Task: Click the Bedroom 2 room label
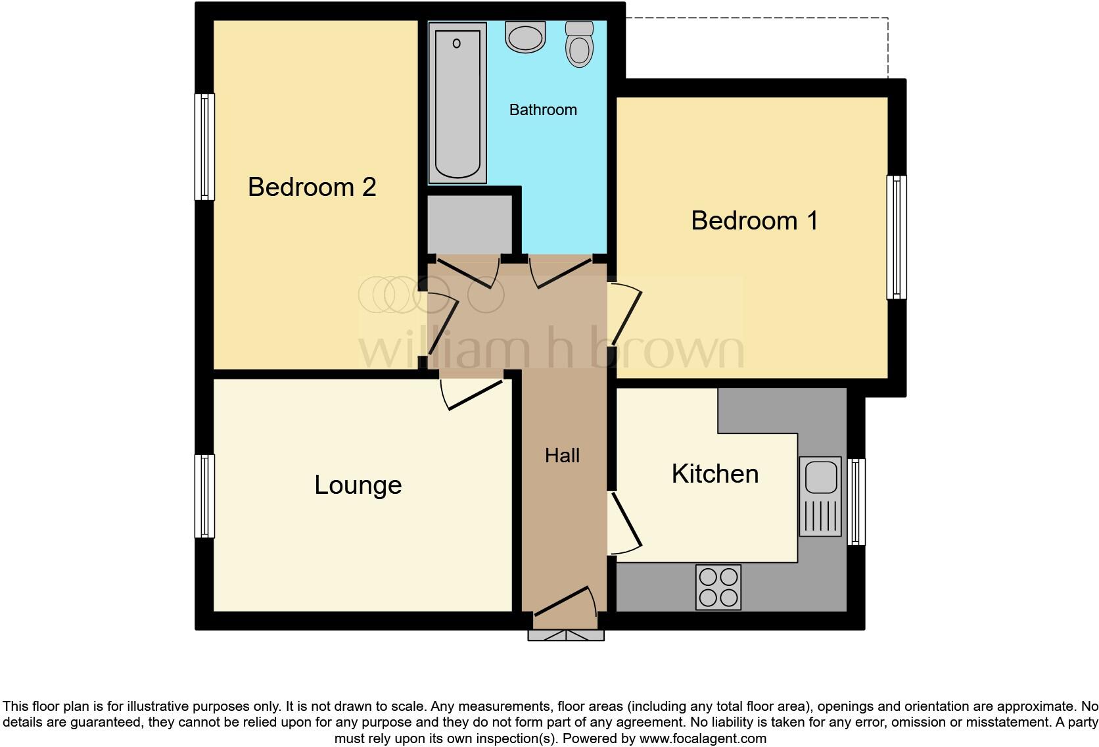(312, 187)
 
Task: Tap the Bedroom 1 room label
(754, 221)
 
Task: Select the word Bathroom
(543, 110)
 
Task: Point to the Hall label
(562, 456)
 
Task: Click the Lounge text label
(358, 485)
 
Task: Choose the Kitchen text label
(714, 474)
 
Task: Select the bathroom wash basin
(525, 37)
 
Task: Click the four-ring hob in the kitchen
(718, 587)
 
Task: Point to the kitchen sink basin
(820, 477)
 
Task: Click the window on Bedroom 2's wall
(205, 147)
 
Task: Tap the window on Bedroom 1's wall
(897, 237)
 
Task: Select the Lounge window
(205, 496)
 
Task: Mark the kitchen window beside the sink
(856, 502)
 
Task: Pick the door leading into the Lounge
(475, 395)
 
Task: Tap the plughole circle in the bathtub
(457, 43)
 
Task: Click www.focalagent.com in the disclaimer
(703, 738)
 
